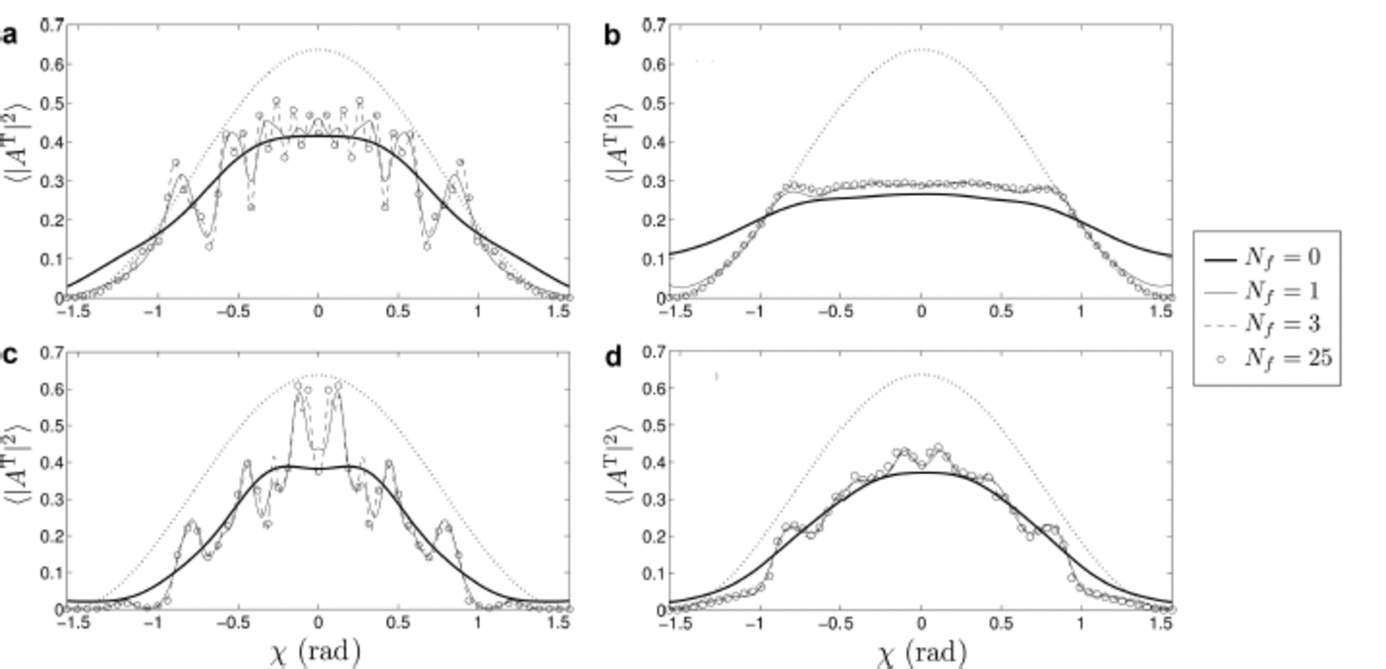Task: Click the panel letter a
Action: [10, 37]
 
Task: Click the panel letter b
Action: [613, 37]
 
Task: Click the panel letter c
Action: [9, 354]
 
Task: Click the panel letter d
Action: [613, 356]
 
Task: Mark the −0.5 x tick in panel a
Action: [235, 311]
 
